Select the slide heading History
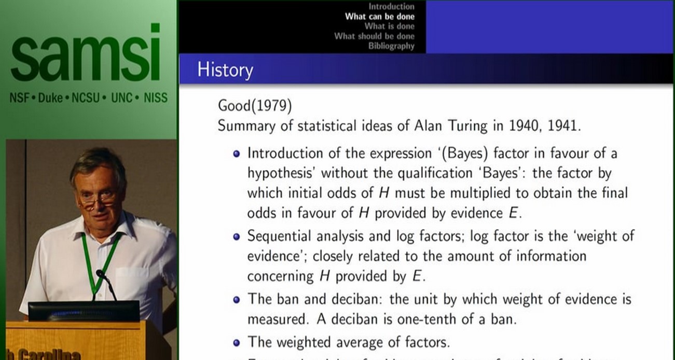pos(225,70)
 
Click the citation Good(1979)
pos(255,106)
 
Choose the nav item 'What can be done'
pos(380,17)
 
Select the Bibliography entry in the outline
pos(391,46)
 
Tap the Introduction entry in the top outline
pos(391,7)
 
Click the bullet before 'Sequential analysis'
pos(237,237)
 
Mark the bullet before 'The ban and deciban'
pos(237,300)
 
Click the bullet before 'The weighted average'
pos(237,342)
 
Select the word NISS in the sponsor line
pos(156,98)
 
